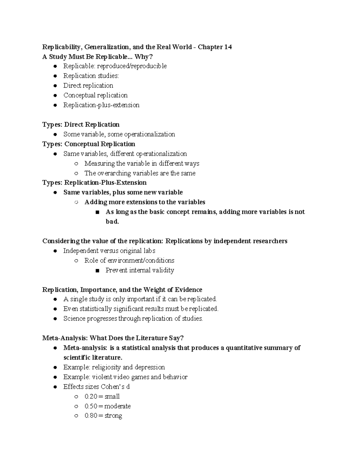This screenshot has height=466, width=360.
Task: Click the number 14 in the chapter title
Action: tap(228, 47)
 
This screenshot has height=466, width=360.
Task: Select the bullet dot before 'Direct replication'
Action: tap(55, 86)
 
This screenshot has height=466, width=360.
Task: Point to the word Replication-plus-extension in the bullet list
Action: tap(101, 105)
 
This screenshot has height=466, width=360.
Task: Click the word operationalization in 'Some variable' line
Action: tap(149, 134)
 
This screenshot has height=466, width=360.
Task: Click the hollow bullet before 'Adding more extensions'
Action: tap(76, 202)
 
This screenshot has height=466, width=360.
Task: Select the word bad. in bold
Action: tap(112, 222)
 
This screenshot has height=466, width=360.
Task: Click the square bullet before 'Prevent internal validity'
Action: tap(97, 271)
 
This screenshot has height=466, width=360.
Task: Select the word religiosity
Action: tap(106, 367)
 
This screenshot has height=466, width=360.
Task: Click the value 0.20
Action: tap(91, 396)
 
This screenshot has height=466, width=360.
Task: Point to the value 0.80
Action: tap(91, 416)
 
